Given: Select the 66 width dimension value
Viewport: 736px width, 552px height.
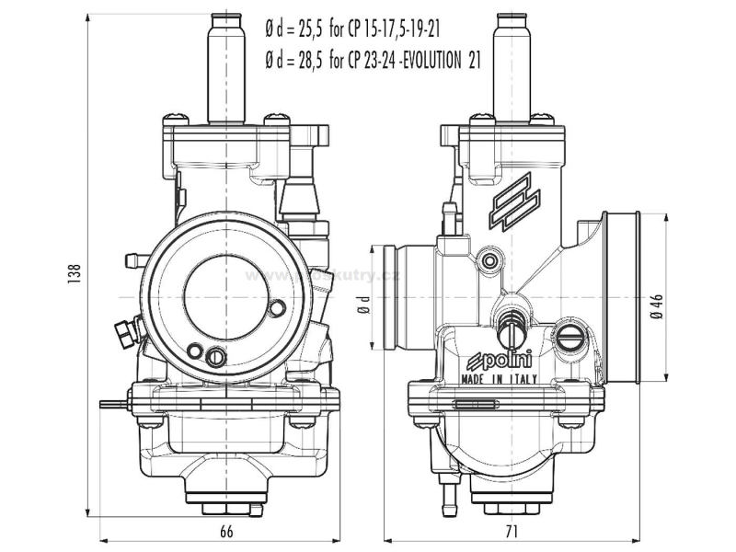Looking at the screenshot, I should (226, 531).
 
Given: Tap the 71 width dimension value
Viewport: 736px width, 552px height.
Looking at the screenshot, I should (512, 531).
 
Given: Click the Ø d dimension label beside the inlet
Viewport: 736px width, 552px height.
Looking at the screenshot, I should (365, 304).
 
